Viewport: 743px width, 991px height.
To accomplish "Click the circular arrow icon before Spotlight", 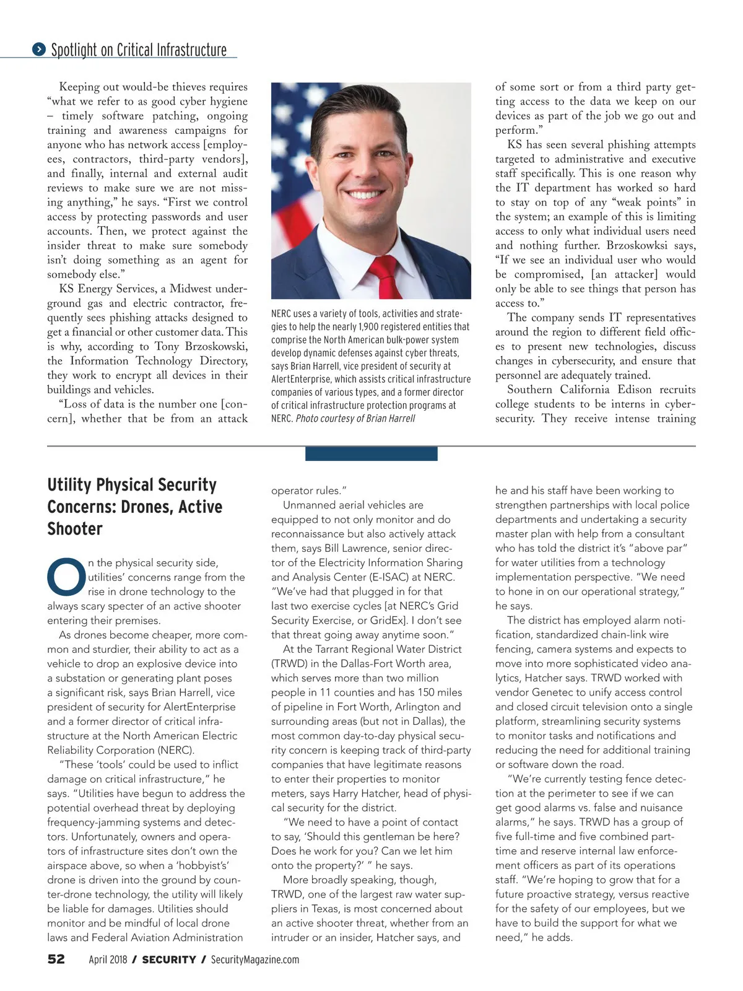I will [x=39, y=49].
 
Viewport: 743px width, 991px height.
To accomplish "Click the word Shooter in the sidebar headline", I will [x=75, y=529].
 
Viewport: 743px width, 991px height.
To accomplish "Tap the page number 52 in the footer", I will [x=56, y=959].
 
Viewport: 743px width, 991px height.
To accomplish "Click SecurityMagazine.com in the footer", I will [x=255, y=959].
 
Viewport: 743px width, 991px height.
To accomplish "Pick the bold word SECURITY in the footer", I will [x=169, y=959].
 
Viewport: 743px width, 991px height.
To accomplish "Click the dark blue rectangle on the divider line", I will [x=371, y=454].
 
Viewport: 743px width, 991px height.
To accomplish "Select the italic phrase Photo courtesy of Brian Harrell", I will [x=355, y=419].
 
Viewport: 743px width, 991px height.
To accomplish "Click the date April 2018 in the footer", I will [x=108, y=959].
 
